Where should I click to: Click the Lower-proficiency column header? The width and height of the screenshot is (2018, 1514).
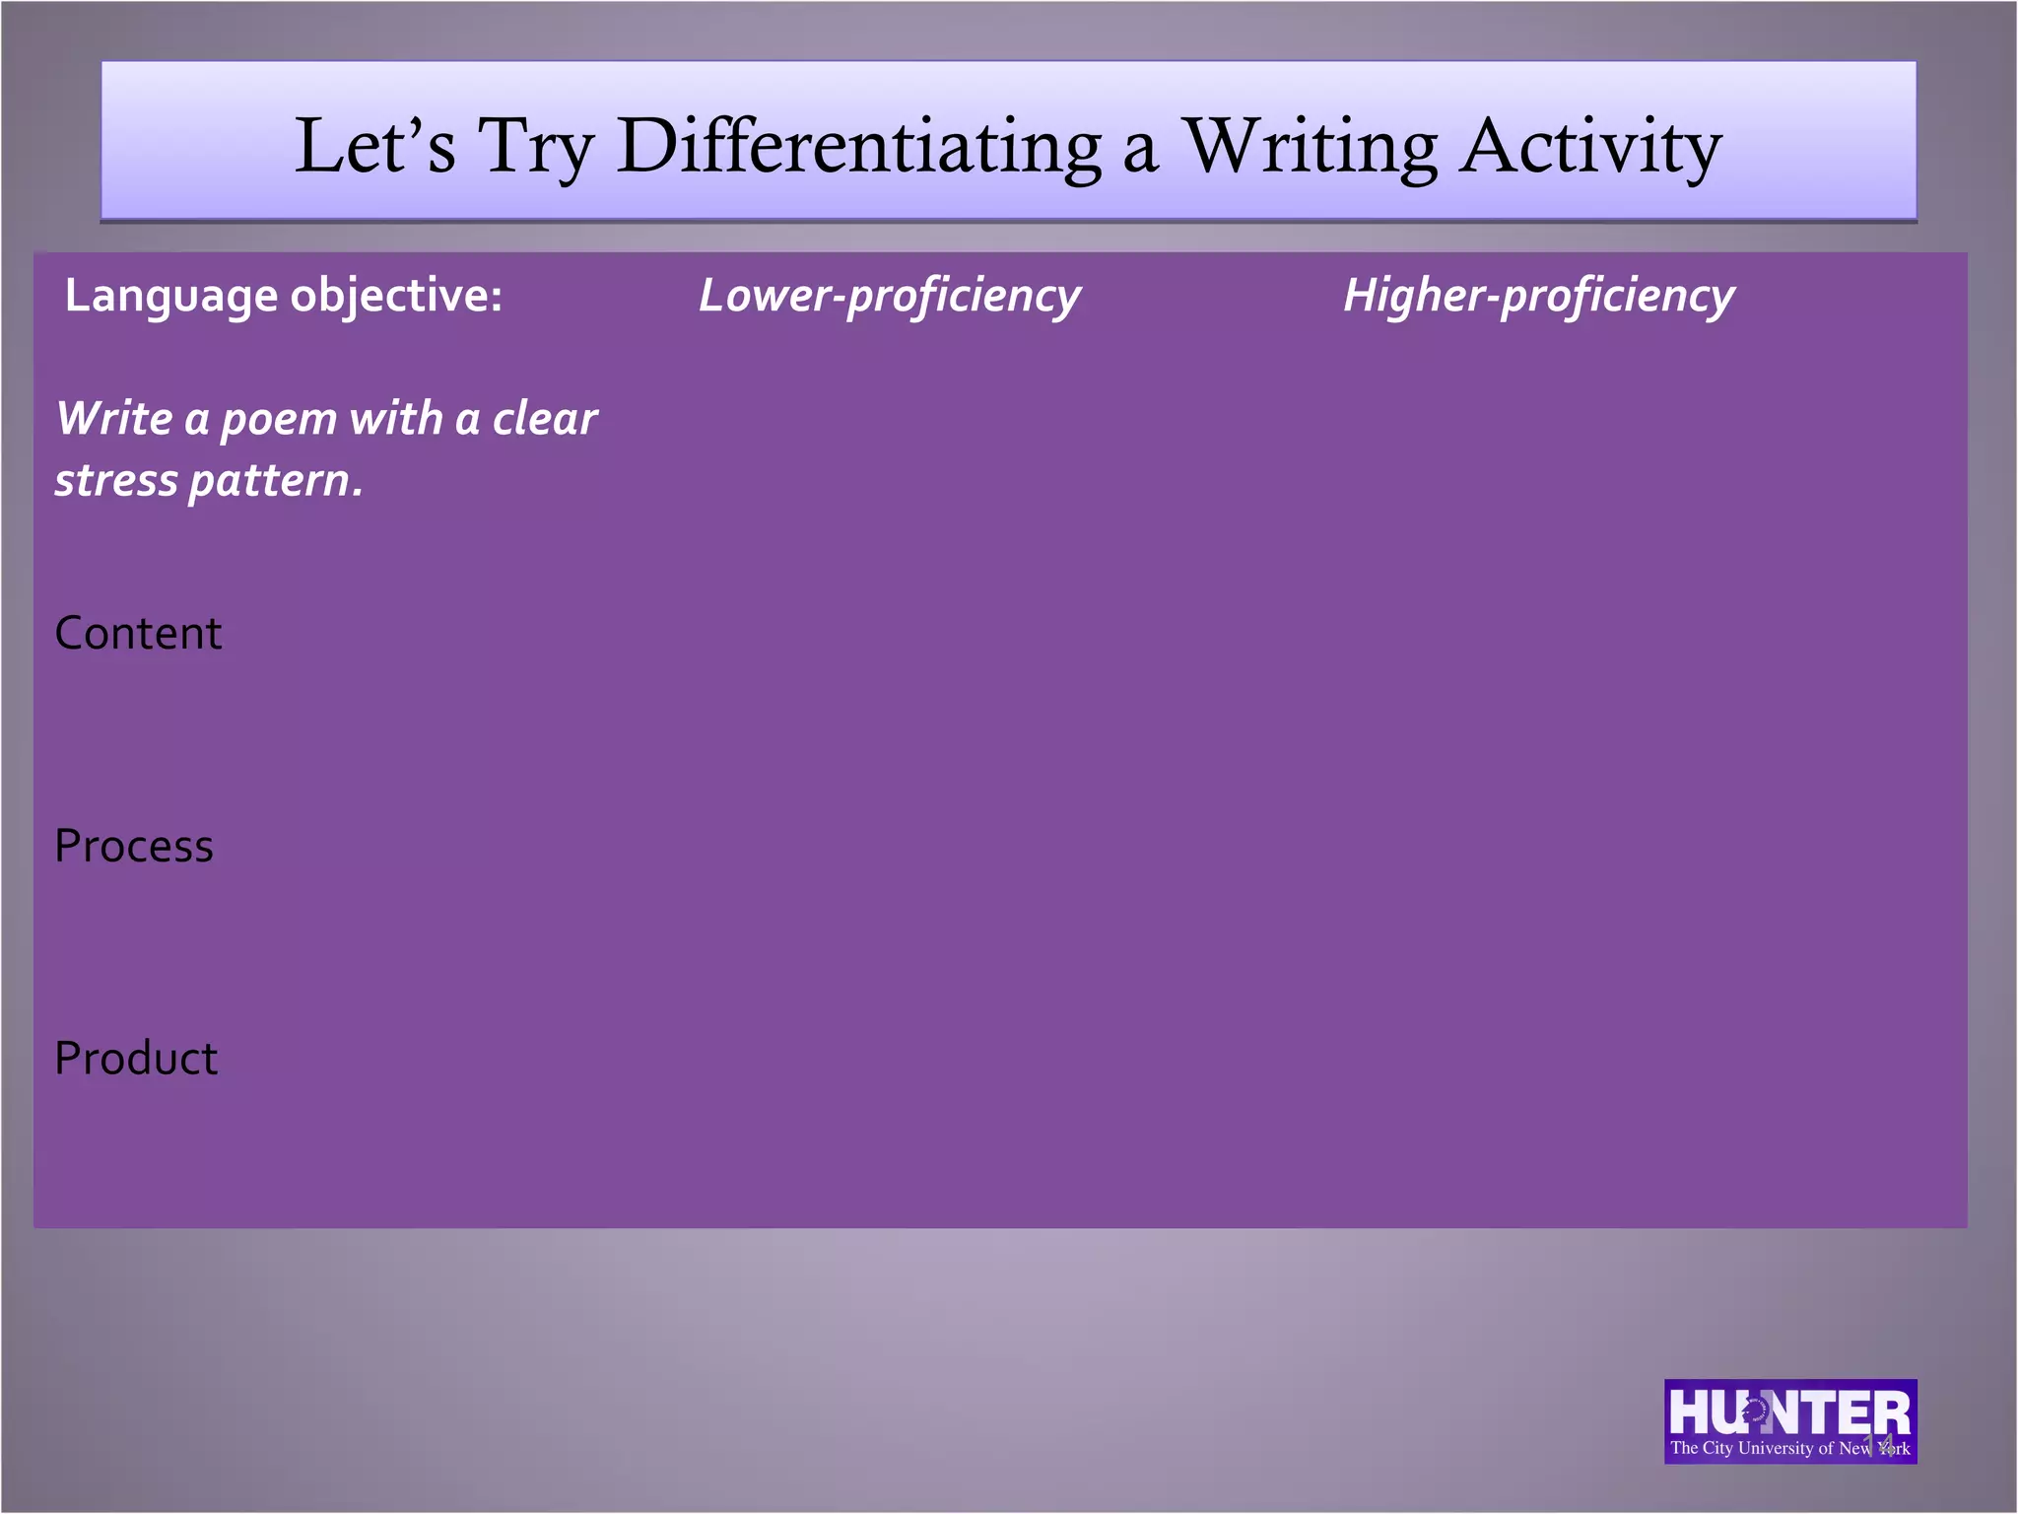[889, 296]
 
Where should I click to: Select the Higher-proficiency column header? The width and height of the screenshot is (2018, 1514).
[1538, 296]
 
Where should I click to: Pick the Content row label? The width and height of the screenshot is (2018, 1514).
[138, 633]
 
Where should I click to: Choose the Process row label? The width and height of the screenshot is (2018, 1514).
[134, 846]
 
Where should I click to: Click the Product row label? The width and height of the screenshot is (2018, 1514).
[136, 1059]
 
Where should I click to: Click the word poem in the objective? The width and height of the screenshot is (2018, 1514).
[279, 420]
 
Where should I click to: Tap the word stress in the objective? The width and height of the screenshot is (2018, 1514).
[116, 481]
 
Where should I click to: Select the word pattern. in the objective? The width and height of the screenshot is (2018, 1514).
[276, 481]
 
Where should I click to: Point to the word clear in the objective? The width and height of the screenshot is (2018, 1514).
[545, 419]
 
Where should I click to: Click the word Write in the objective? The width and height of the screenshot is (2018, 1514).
[114, 418]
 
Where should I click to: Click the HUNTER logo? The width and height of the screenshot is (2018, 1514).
[1788, 1411]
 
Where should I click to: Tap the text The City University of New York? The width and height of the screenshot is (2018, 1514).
[1788, 1448]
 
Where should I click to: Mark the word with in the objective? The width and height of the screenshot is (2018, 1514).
[396, 418]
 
